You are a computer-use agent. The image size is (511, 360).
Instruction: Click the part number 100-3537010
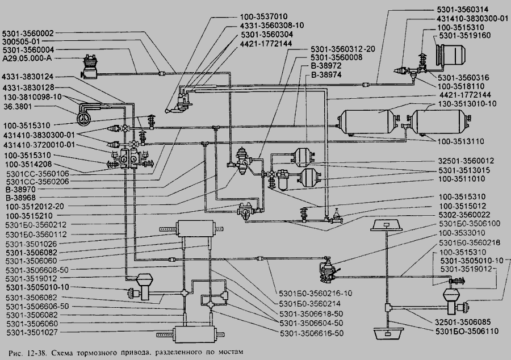[x=263, y=16]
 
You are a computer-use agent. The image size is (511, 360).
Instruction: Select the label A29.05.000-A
[x=27, y=58]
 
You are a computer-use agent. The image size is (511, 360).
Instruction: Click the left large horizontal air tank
[x=367, y=122]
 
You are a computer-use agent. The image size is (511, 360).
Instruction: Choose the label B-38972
[x=326, y=66]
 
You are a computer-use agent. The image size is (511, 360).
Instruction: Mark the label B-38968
[x=20, y=198]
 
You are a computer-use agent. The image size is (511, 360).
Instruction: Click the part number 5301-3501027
[x=32, y=332]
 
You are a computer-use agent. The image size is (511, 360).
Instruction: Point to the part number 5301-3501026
[x=31, y=244]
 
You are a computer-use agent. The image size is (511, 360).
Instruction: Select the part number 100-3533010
[x=462, y=233]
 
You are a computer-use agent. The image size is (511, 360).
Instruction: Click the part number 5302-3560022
[x=464, y=215]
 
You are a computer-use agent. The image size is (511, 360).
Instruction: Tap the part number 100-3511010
[x=462, y=179]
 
